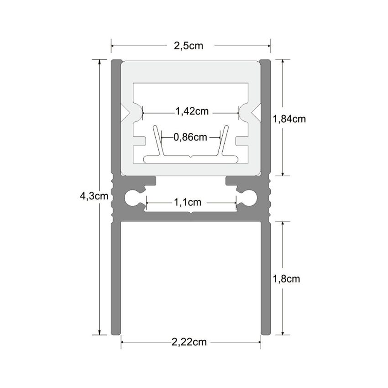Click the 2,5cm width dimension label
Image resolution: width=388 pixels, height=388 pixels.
click(x=188, y=46)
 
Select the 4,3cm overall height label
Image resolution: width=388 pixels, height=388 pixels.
click(x=94, y=196)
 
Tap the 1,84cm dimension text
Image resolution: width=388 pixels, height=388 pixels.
click(x=289, y=119)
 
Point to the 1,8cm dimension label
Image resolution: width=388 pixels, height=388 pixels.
click(x=286, y=279)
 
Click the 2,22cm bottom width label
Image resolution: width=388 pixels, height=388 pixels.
click(x=189, y=342)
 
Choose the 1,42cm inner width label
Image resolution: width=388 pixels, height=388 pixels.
click(x=192, y=111)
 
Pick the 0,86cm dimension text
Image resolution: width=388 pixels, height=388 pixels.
click(x=190, y=137)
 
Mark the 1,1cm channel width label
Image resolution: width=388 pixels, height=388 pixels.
click(x=187, y=203)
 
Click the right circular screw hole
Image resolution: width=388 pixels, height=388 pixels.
click(x=249, y=198)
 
